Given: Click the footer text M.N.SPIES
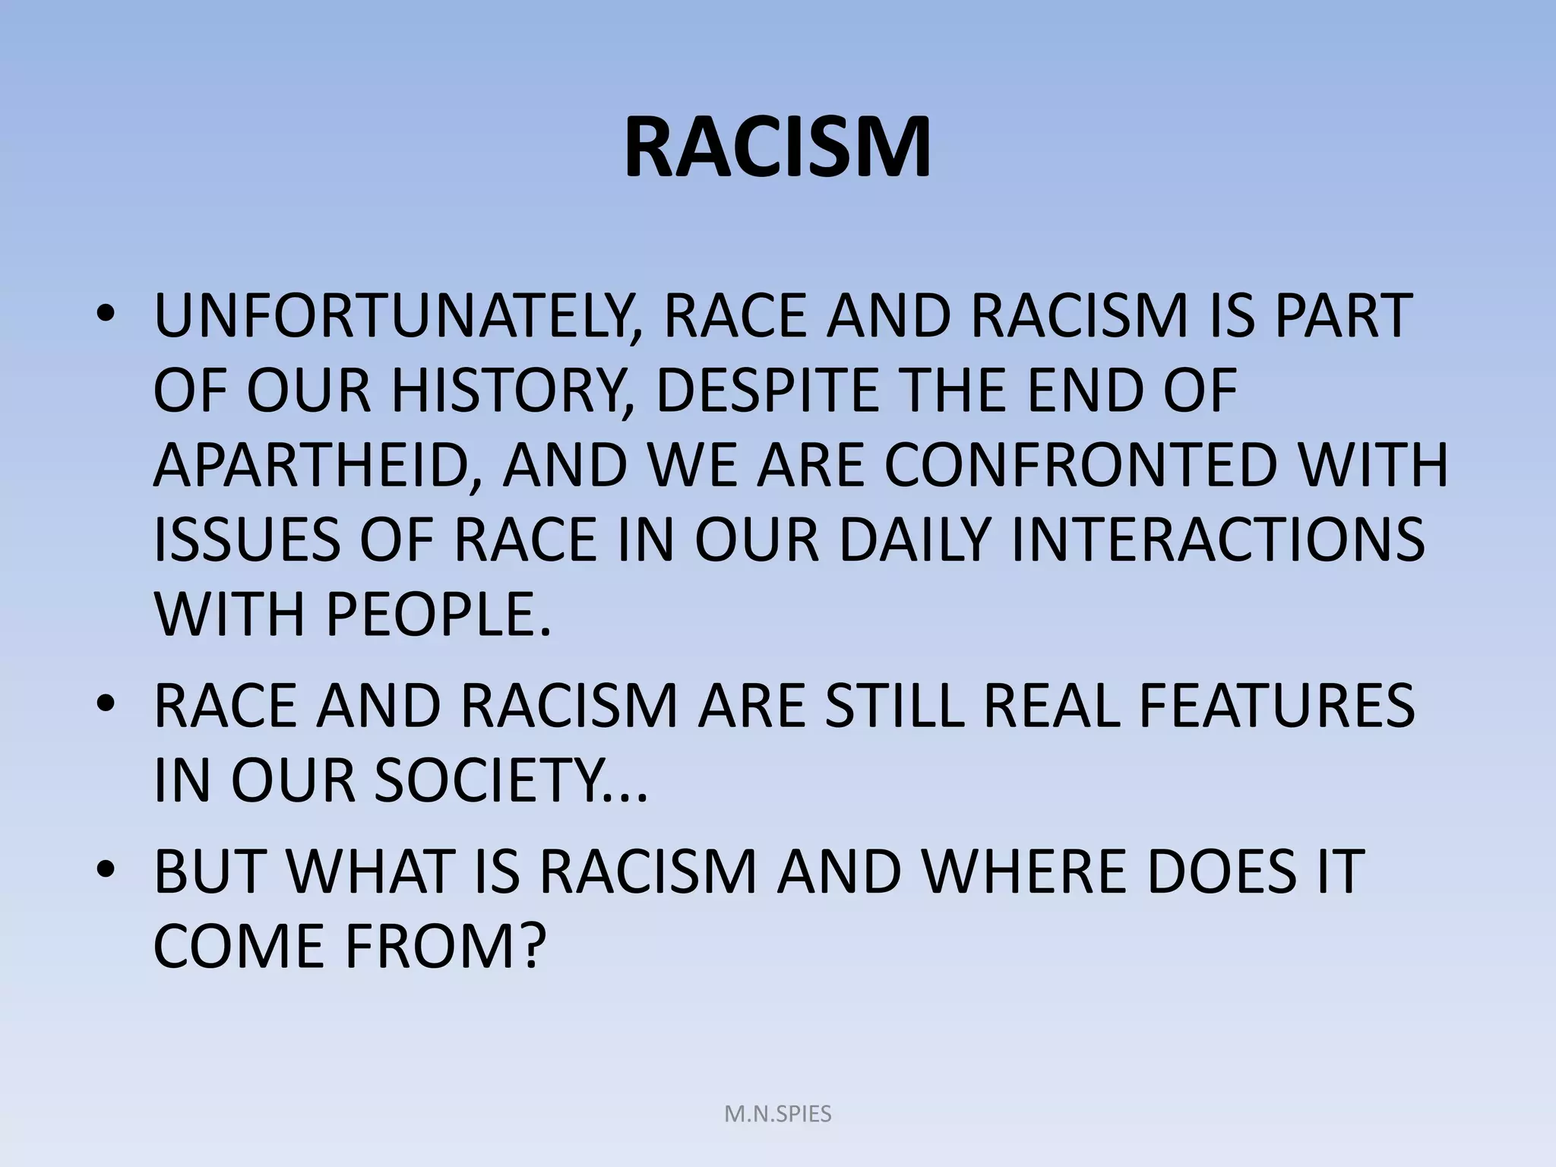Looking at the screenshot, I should (x=778, y=1115).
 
